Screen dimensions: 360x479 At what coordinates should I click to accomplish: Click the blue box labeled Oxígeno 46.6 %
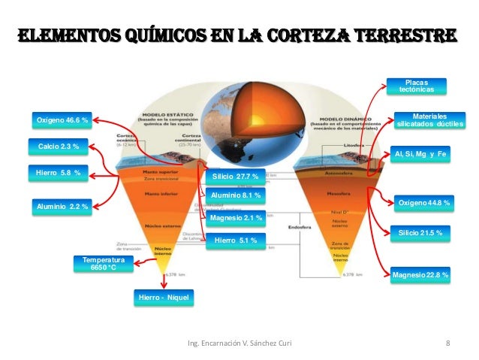point(62,120)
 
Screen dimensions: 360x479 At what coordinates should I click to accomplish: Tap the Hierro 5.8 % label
point(58,174)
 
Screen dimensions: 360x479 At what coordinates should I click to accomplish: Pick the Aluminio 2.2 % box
point(62,205)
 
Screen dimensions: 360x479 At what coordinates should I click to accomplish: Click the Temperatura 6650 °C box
point(104,263)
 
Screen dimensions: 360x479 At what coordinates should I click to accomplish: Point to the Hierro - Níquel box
point(163,298)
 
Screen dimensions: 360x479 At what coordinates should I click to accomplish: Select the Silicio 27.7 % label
point(235,177)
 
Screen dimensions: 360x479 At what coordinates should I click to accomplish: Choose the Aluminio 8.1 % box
point(236,196)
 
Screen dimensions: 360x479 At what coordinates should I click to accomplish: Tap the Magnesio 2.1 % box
point(236,218)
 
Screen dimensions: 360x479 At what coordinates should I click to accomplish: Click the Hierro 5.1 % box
point(235,241)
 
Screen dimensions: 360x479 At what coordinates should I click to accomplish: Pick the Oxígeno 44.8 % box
point(424,203)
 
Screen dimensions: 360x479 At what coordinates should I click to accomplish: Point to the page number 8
point(447,343)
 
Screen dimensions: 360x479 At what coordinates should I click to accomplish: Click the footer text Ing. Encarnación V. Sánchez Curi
point(239,343)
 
